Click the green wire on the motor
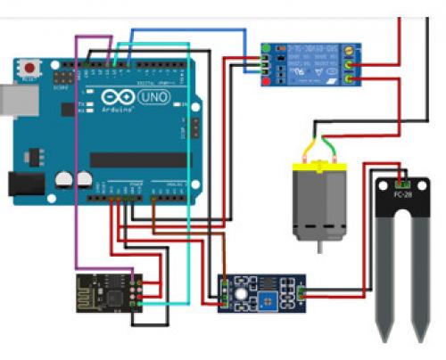pyautogui.click(x=332, y=146)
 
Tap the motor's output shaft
pyautogui.click(x=318, y=245)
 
